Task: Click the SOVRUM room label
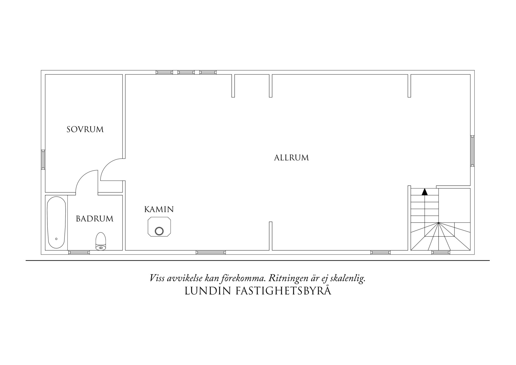pos(85,129)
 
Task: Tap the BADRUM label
pos(94,219)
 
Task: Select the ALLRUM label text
pos(292,158)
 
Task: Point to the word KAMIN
pos(159,209)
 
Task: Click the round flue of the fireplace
pos(159,231)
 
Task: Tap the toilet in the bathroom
pos(101,241)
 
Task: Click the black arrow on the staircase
pos(425,192)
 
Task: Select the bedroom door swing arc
pos(106,165)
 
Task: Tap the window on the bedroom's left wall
pos(43,160)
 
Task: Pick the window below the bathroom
pos(79,252)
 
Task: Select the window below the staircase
pos(441,252)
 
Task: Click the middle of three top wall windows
pos(186,72)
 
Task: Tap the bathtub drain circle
pos(56,239)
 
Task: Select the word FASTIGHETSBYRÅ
pos(283,291)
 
